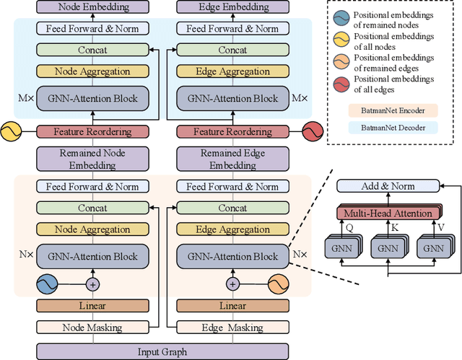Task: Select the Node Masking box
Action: coord(92,328)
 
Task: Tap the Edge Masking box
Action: coord(227,328)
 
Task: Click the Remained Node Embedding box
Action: coord(92,159)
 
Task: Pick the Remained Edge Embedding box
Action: coord(227,159)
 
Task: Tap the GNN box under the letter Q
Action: coord(344,247)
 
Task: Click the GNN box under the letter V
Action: coord(433,247)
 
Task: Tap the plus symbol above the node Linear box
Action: coord(92,284)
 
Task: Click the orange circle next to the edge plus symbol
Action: coord(278,284)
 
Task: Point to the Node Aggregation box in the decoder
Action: coord(92,72)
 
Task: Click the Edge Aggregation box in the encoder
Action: coord(227,229)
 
